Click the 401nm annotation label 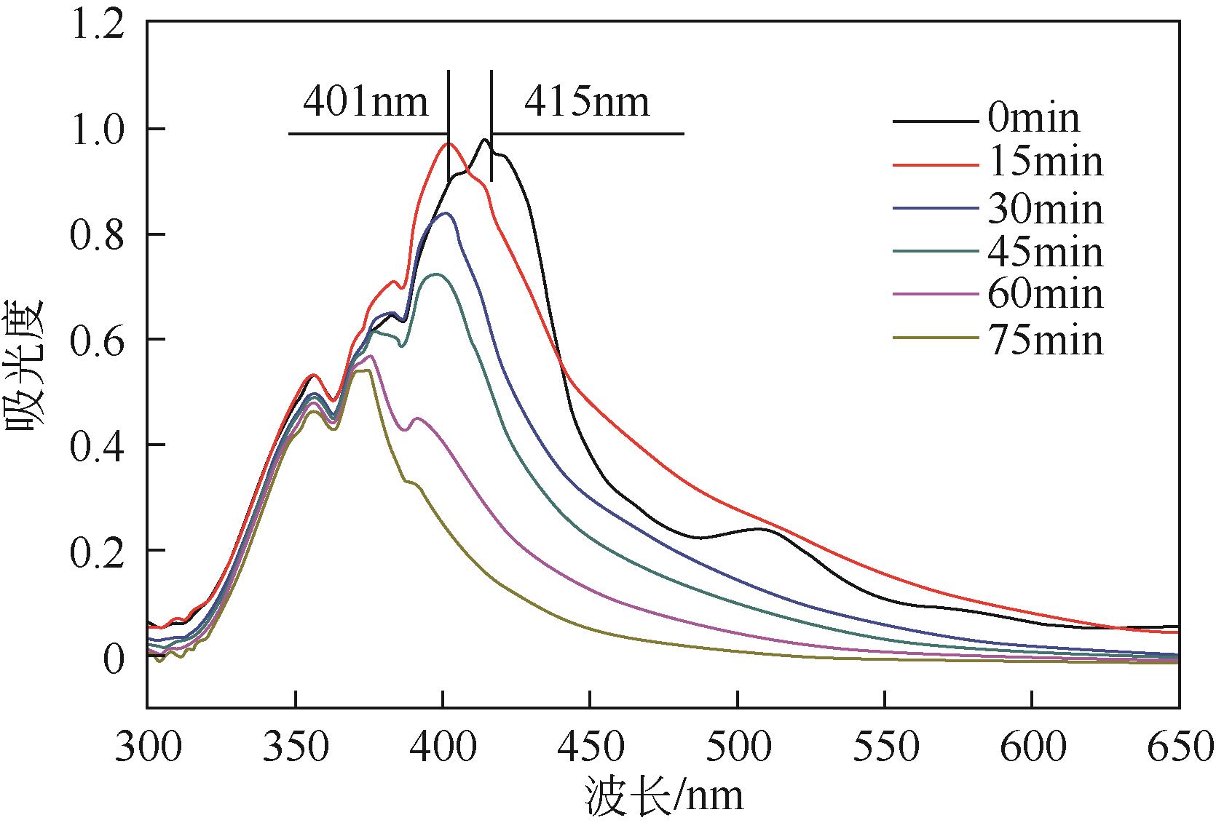point(365,102)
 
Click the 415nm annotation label point(586,102)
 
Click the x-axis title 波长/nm point(663,796)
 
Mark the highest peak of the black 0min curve point(483,139)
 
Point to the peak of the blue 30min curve point(445,213)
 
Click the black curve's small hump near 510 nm point(760,529)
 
